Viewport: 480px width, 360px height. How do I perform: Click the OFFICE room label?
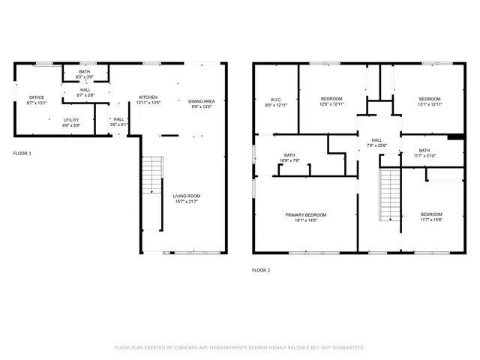(x=37, y=97)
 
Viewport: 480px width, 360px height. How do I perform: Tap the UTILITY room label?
(x=71, y=120)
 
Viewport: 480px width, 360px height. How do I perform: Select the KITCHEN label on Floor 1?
(x=148, y=97)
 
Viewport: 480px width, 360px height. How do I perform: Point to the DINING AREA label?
(x=202, y=101)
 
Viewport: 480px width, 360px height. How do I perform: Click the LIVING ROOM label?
(x=186, y=196)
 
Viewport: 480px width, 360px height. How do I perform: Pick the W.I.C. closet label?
(x=276, y=100)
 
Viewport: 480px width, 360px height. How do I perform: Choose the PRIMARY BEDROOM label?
(x=305, y=215)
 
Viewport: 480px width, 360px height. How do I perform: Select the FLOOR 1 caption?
(x=22, y=153)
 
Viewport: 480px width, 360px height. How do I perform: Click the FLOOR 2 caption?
(x=261, y=269)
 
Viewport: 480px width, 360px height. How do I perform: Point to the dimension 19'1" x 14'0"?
(x=305, y=220)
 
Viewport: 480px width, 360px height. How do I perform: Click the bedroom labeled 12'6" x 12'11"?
(x=331, y=102)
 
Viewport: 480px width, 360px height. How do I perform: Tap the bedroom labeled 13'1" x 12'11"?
(x=430, y=102)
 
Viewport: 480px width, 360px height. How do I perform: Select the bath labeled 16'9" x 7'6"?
(x=289, y=136)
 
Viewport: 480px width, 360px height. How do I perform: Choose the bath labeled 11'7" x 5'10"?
(x=424, y=152)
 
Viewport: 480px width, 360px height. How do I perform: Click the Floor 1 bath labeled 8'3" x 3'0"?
(x=84, y=73)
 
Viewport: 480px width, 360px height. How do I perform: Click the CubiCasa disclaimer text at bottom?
(x=239, y=347)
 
